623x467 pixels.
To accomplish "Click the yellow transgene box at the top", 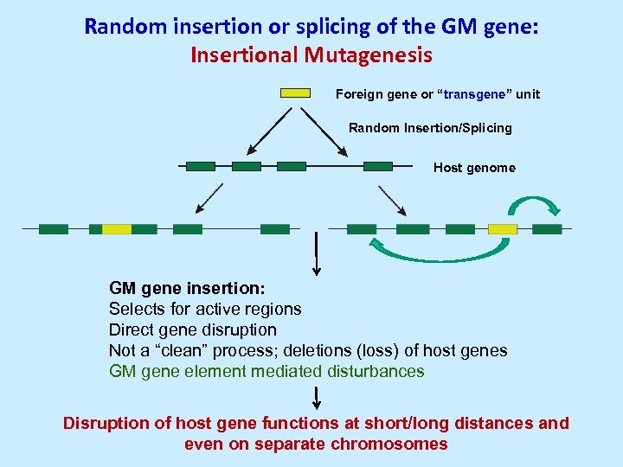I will (x=295, y=93).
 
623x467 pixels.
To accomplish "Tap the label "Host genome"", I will (x=474, y=168).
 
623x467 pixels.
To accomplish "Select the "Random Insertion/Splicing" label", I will (x=430, y=128).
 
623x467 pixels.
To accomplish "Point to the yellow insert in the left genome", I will (x=117, y=229).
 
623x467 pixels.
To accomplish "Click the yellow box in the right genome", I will (x=503, y=229).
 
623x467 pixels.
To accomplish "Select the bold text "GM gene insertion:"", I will (x=187, y=287).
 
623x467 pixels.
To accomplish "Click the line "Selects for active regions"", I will (x=205, y=309).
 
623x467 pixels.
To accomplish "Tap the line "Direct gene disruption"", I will (x=193, y=329).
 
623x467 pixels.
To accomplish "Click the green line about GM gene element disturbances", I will (x=267, y=371).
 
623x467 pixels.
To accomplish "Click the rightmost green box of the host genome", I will (x=378, y=165).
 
